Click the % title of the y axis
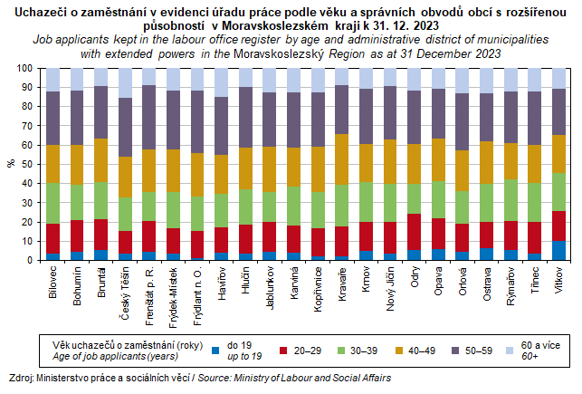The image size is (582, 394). [11, 165]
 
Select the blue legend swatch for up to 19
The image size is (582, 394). [215, 348]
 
